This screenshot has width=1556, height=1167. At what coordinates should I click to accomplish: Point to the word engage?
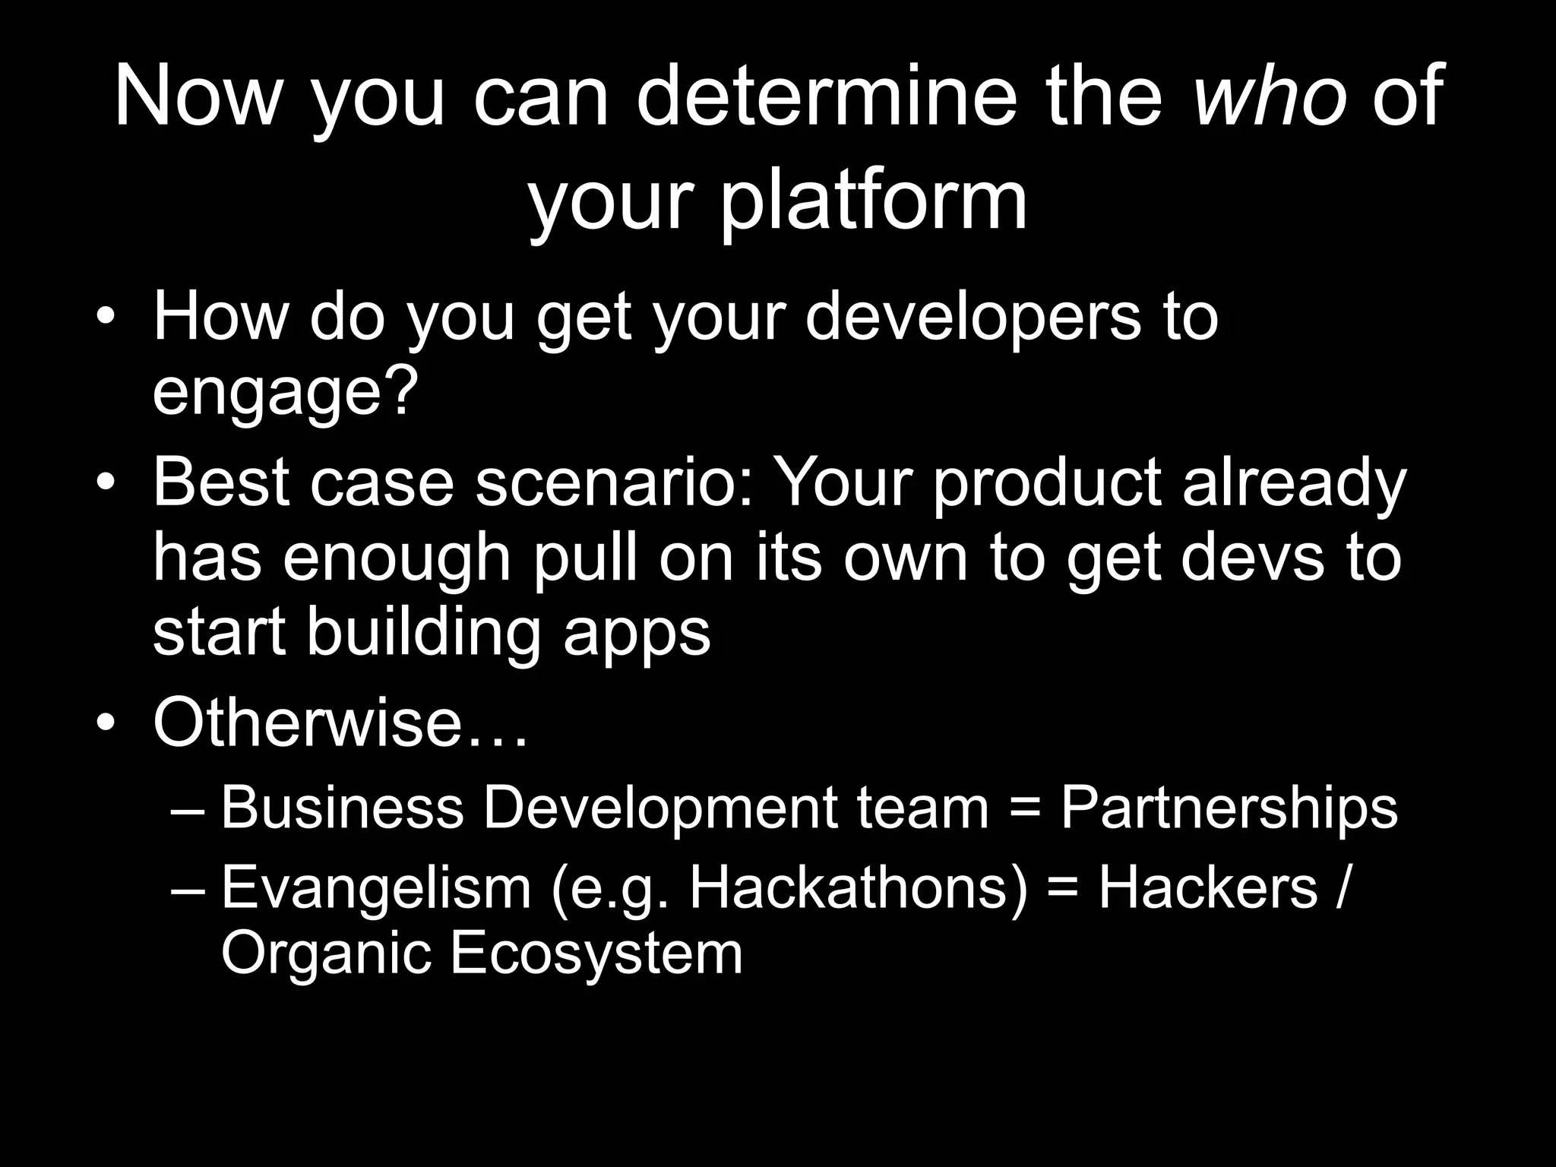286,393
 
